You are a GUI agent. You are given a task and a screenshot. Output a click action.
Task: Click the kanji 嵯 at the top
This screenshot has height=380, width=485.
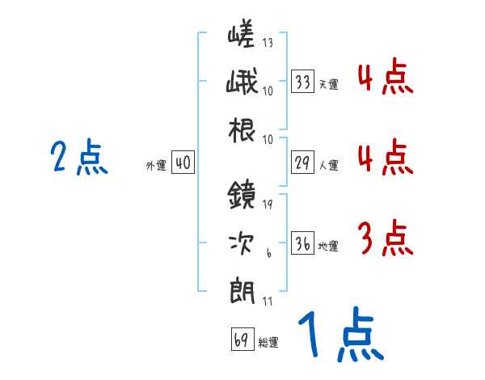[240, 36]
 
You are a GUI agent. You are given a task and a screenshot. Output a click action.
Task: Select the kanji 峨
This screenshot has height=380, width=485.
[240, 83]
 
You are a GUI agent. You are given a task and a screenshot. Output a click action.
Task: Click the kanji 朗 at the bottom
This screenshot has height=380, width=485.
[240, 289]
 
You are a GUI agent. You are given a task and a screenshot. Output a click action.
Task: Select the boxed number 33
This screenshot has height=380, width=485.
[303, 82]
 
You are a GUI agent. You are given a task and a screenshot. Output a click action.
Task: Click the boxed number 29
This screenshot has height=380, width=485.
[303, 163]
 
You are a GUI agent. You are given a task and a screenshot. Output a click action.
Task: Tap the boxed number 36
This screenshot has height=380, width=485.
[303, 244]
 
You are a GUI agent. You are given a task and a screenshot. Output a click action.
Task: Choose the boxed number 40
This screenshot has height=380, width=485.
[183, 163]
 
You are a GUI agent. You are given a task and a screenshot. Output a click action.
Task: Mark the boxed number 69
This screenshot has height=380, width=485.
[242, 340]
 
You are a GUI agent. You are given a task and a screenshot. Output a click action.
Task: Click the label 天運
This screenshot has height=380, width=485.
[328, 84]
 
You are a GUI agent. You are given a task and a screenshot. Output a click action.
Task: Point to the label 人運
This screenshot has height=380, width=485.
[328, 165]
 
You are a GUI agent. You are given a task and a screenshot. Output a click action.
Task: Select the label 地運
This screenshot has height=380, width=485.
[328, 246]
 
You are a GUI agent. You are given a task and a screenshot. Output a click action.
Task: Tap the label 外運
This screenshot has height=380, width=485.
[156, 165]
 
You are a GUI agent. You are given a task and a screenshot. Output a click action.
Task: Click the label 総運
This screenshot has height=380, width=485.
[268, 342]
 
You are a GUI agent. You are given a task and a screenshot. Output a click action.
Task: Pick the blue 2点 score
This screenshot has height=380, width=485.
[78, 158]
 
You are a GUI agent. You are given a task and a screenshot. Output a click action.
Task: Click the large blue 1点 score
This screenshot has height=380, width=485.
[339, 336]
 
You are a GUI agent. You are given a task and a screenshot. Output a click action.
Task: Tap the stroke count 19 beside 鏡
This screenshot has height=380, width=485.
[268, 204]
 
